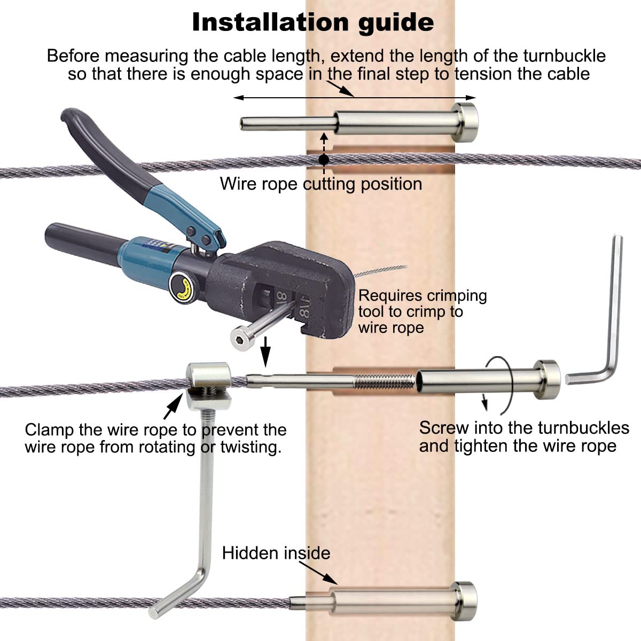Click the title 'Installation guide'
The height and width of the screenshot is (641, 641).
point(312,22)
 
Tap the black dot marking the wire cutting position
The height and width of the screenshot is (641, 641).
point(323,159)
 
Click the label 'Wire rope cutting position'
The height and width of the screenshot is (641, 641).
point(320,184)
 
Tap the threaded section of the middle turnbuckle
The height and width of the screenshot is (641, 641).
point(384,381)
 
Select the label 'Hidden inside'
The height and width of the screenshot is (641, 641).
point(276,553)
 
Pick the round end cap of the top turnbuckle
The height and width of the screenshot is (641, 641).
point(464,122)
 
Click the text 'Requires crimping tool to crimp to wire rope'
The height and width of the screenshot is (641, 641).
point(422,311)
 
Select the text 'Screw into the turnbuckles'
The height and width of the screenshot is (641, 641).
point(524,428)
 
